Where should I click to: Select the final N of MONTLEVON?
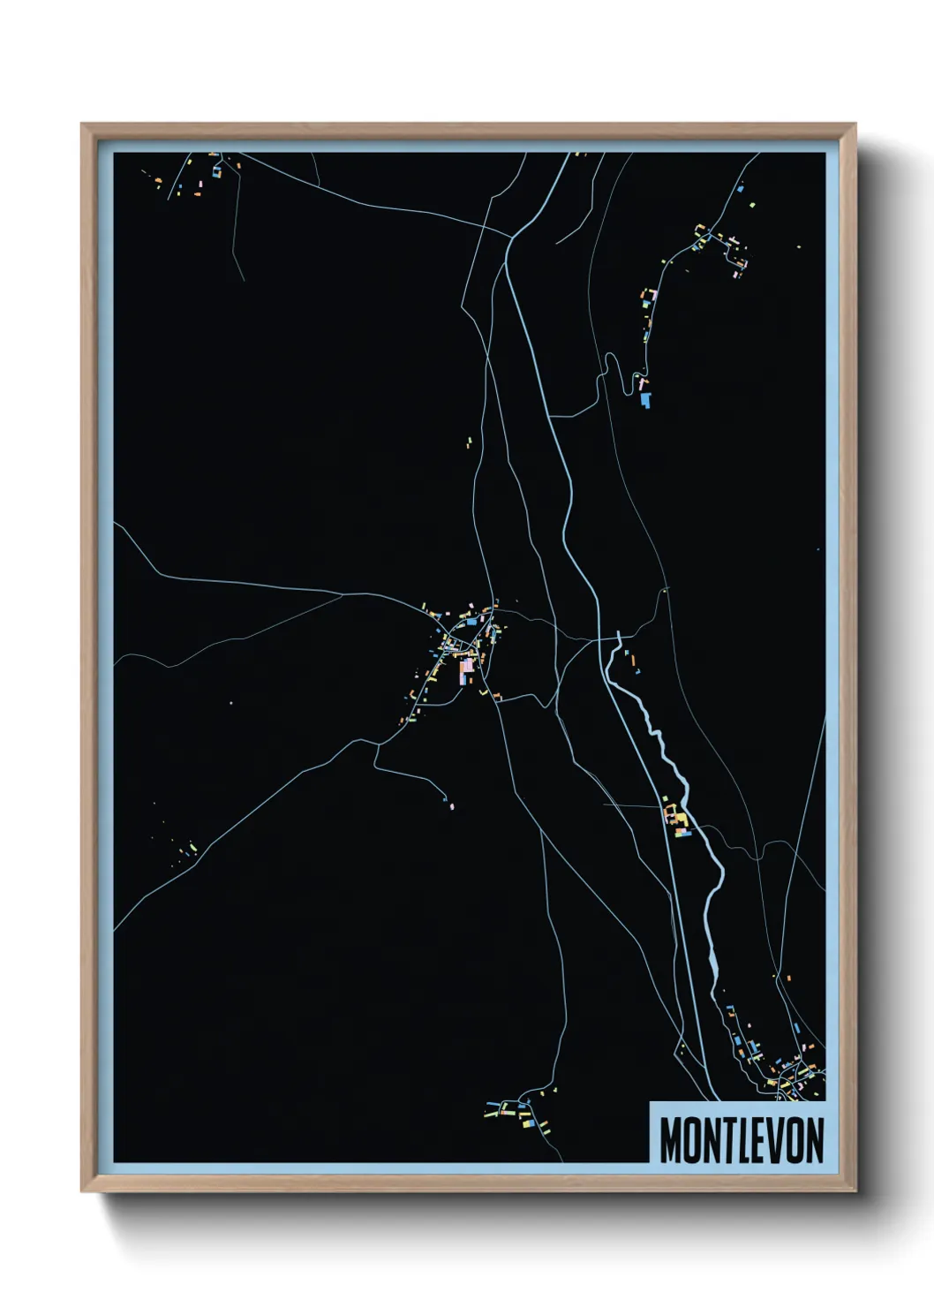pyautogui.click(x=814, y=1140)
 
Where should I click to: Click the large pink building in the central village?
pyautogui.click(x=465, y=670)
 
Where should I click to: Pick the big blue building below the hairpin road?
pyautogui.click(x=645, y=399)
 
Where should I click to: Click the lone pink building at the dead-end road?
pyautogui.click(x=452, y=805)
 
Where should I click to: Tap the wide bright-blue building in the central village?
pyautogui.click(x=471, y=623)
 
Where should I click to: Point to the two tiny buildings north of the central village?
pyautogui.click(x=470, y=441)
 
